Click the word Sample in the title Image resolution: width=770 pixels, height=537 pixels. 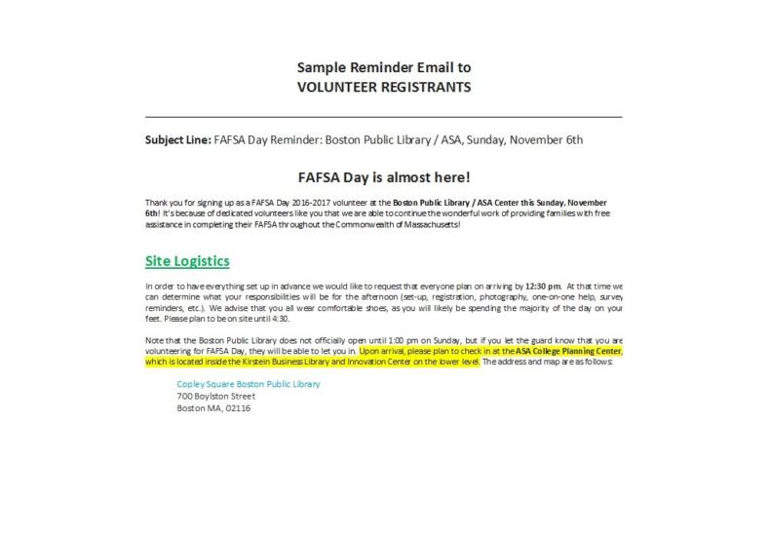point(320,68)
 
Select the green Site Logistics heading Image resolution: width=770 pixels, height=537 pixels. point(187,261)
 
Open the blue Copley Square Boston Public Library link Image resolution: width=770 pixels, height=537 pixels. point(249,384)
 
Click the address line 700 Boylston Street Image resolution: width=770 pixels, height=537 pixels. point(215,397)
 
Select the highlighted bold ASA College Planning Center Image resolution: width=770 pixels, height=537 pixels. point(569,350)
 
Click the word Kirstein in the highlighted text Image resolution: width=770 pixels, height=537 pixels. point(224,361)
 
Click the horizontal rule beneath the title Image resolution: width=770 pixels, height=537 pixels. point(384,116)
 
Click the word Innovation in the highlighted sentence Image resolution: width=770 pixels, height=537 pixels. point(363,361)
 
